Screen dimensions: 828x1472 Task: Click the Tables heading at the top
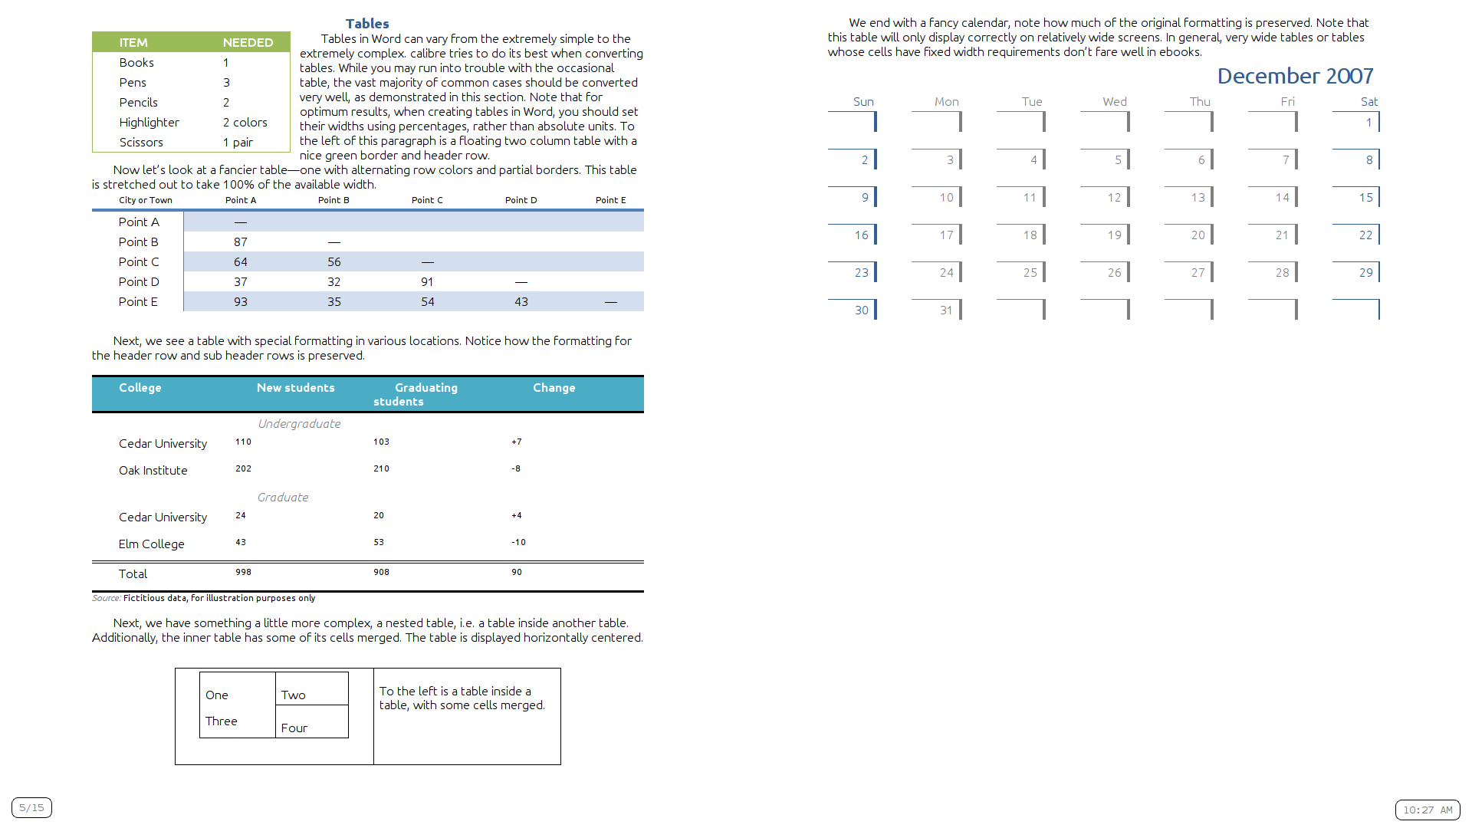367,24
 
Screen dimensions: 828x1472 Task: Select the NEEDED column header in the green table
248,43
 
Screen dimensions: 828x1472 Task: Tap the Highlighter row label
149,123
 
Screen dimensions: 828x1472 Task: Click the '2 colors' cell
245,123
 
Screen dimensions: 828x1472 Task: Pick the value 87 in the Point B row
241,242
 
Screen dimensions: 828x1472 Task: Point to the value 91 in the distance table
427,282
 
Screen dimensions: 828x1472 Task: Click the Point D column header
521,200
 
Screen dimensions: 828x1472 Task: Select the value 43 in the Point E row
521,302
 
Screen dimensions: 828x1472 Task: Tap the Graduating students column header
415,394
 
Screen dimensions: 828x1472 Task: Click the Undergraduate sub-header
299,424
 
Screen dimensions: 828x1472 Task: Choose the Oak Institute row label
153,471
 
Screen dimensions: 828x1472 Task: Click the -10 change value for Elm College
519,542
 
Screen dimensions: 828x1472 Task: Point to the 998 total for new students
243,572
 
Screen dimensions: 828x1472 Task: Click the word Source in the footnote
106,598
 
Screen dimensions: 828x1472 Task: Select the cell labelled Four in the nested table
294,728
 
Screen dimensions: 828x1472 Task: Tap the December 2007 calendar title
1295,76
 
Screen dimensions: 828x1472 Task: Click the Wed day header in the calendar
1115,102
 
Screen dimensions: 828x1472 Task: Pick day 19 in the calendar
1114,235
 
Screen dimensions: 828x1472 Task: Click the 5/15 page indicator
31,807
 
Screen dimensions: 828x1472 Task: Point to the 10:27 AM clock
1428,810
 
